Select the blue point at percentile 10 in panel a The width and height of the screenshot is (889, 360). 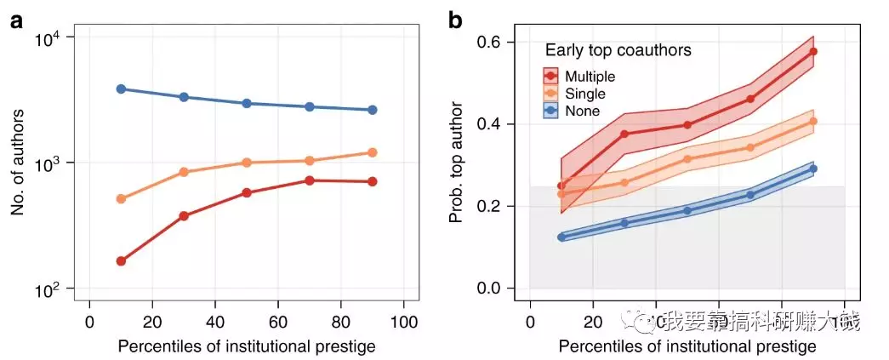(121, 89)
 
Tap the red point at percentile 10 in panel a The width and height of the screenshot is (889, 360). (121, 260)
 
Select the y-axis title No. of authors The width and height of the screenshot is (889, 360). (19, 162)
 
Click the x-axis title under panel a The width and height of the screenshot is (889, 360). (247, 346)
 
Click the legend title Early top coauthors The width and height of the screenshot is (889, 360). (618, 51)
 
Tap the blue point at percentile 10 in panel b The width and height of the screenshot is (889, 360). (561, 237)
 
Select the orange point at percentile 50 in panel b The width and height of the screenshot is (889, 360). (687, 159)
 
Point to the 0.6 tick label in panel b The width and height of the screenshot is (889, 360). (499, 43)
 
